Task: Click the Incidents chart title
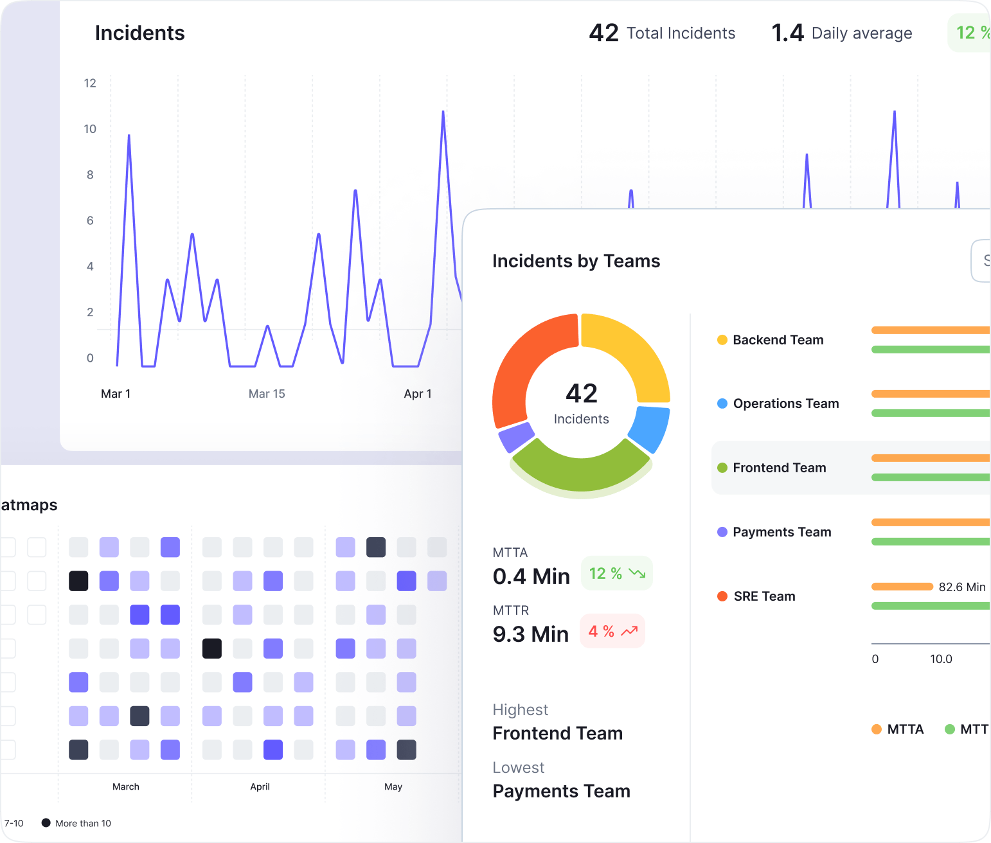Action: pos(139,33)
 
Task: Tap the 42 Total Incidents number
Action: pos(603,33)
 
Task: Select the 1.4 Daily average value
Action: pos(787,33)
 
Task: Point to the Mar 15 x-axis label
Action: pos(267,394)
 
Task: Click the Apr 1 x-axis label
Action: pos(418,394)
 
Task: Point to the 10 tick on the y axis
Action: pos(90,129)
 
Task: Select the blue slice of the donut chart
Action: pos(650,427)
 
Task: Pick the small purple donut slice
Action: pos(516,438)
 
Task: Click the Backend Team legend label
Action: pos(778,340)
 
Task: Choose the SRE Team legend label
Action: pos(764,596)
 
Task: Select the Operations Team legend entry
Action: pos(785,404)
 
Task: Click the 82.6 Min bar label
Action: pos(961,587)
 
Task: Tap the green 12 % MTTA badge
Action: pos(616,573)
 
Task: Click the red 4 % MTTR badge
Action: pos(612,631)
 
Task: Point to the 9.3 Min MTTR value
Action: pos(530,634)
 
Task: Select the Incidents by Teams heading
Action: pos(576,261)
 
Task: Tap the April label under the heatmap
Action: pos(260,786)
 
